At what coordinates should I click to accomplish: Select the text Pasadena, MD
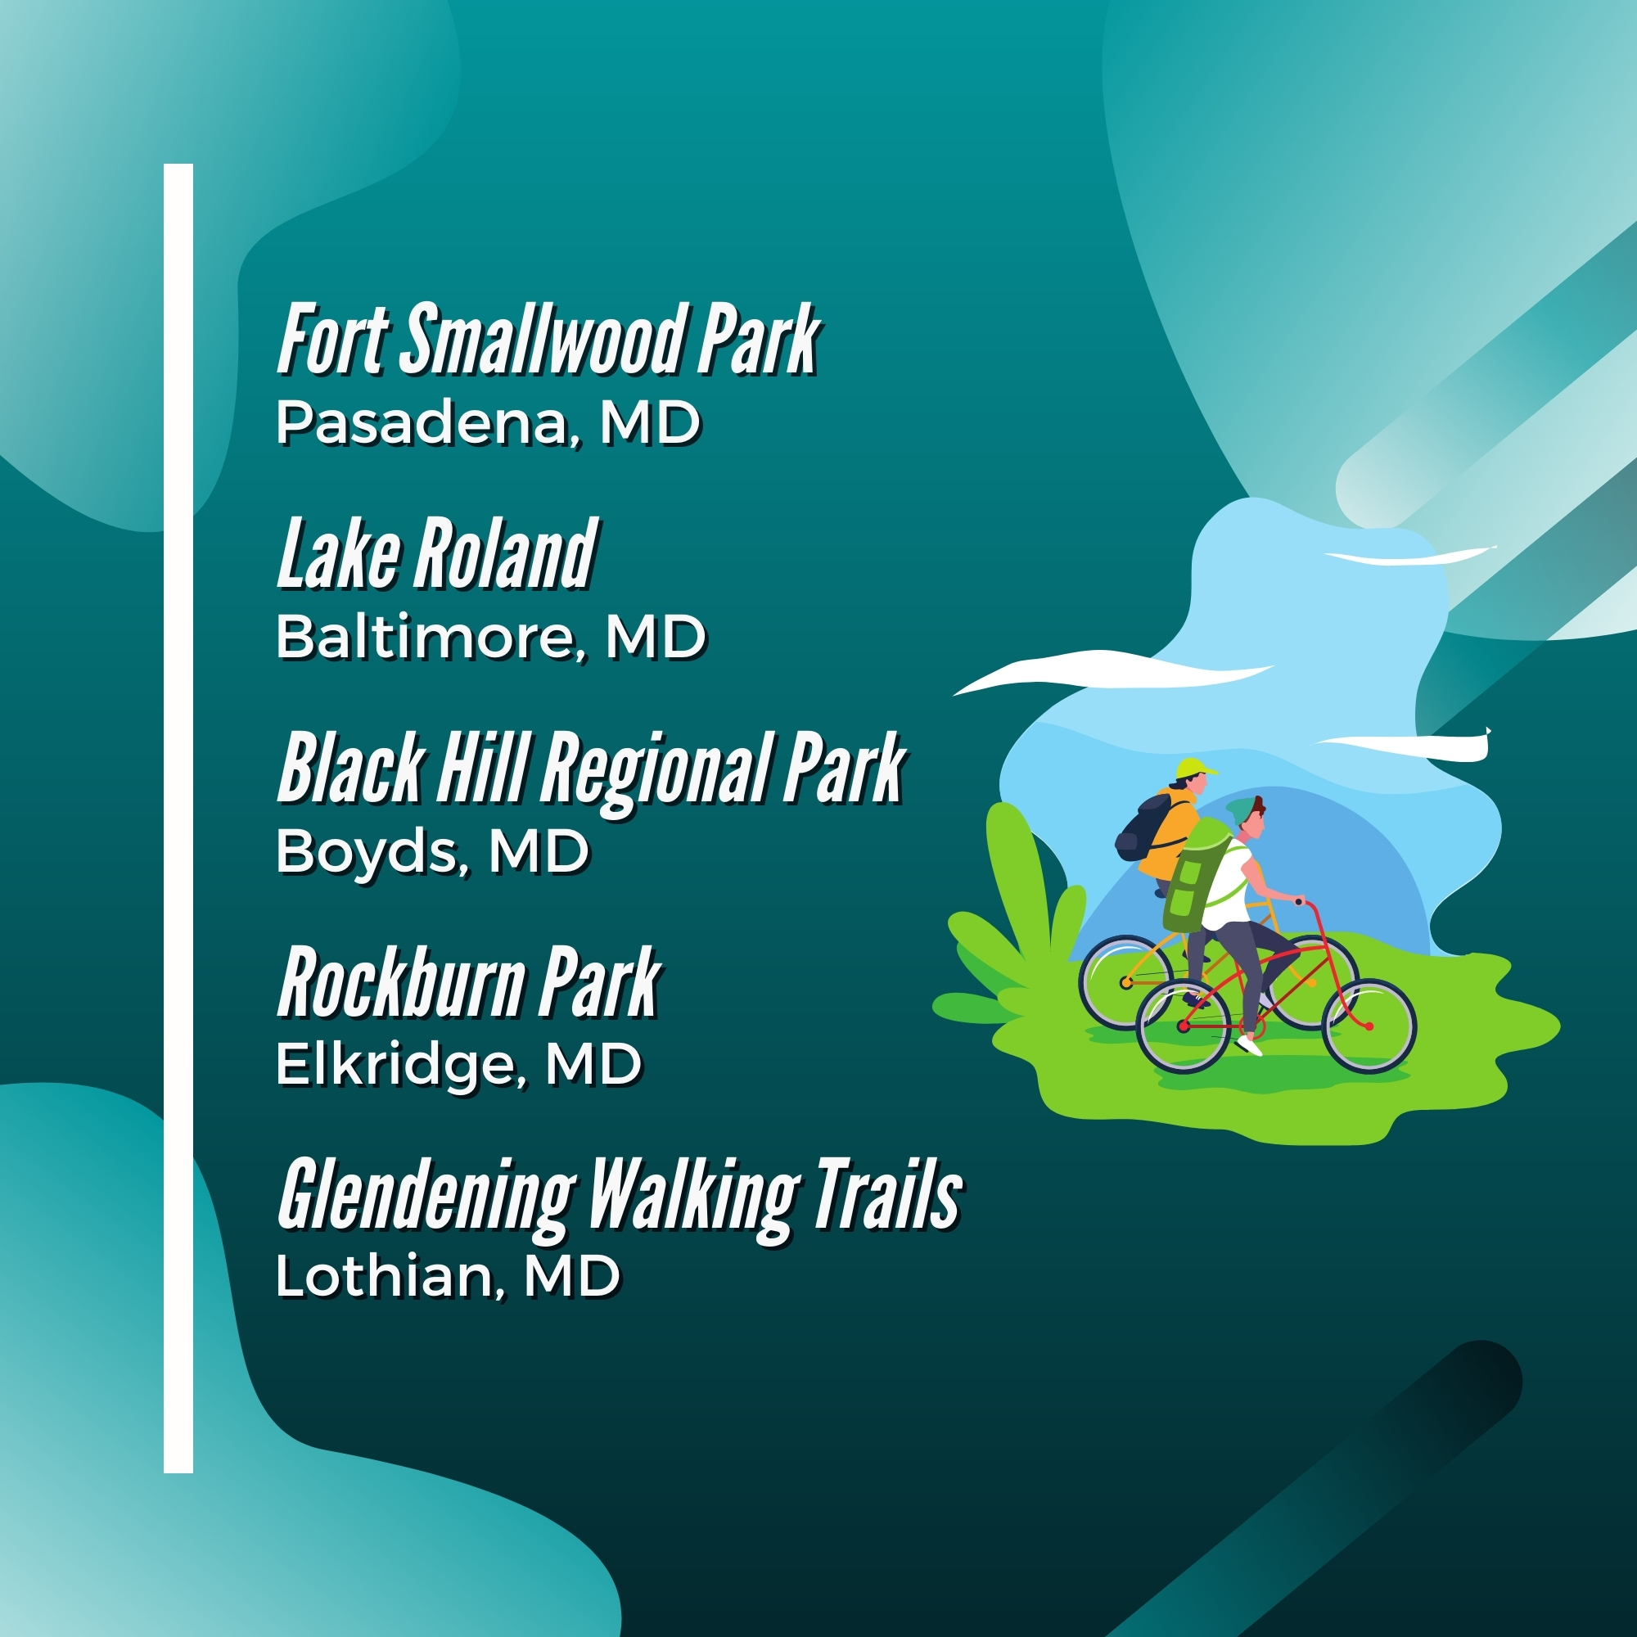pyautogui.click(x=489, y=423)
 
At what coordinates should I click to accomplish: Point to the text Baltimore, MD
pyautogui.click(x=491, y=636)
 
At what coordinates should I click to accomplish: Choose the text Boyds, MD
pyautogui.click(x=433, y=851)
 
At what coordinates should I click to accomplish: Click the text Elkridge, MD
pyautogui.click(x=459, y=1065)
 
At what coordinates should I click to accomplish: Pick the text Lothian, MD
pyautogui.click(x=449, y=1275)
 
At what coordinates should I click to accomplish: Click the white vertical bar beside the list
pyautogui.click(x=178, y=818)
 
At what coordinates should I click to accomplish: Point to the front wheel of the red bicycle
pyautogui.click(x=1369, y=1026)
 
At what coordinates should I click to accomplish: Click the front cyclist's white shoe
pyautogui.click(x=1249, y=1045)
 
